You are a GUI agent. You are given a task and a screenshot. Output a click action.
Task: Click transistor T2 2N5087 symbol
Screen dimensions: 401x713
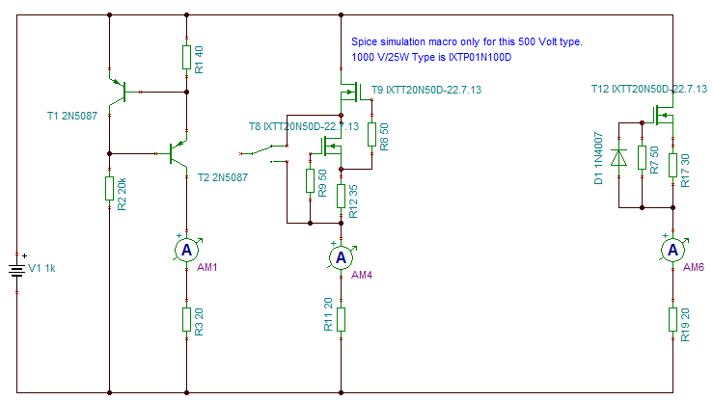pos(177,152)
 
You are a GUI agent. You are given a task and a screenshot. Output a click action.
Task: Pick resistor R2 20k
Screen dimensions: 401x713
pos(110,188)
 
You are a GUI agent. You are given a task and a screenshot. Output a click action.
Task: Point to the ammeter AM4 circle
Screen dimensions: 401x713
pos(340,257)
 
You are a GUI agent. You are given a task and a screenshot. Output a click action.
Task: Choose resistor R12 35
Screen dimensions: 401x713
pos(340,196)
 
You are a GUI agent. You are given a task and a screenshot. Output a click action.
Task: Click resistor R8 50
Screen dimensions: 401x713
pos(371,135)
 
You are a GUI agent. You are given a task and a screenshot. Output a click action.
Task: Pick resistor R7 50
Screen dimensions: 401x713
pos(642,160)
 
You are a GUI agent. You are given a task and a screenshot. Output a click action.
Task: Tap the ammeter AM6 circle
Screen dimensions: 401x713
pos(672,250)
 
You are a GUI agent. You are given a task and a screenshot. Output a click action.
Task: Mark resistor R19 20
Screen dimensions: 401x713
pos(672,319)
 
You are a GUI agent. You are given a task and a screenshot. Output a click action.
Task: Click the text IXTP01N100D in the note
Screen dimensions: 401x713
pos(480,58)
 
